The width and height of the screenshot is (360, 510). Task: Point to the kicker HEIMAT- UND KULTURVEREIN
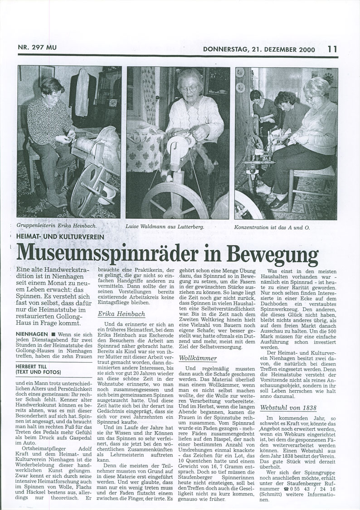click(x=60, y=236)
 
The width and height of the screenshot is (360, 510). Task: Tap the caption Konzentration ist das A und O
click(x=272, y=226)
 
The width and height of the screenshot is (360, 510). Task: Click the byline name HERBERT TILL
click(x=35, y=366)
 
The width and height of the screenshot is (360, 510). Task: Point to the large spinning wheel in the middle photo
click(x=164, y=200)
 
